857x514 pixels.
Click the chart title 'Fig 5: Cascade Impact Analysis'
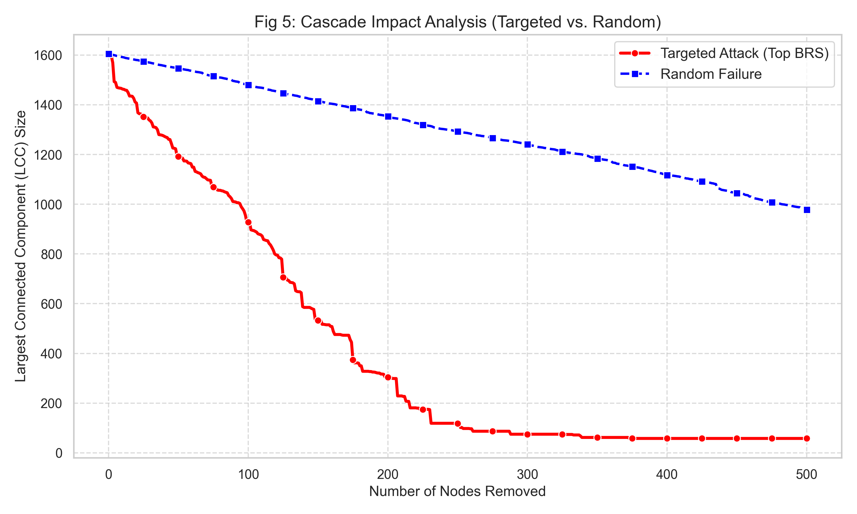[458, 22]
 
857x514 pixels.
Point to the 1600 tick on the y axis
[48, 55]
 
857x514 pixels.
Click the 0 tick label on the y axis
[59, 453]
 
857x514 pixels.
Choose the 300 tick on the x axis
[527, 475]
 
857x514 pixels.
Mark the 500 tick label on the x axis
[806, 475]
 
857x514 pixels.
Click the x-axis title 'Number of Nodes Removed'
[457, 491]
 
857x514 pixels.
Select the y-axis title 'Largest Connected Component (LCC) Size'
[21, 246]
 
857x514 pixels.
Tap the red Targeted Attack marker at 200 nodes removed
[388, 377]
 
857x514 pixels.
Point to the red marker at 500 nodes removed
[806, 439]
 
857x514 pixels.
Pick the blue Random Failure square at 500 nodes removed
[806, 210]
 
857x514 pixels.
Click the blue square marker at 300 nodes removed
[527, 144]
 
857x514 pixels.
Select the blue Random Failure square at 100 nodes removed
[248, 85]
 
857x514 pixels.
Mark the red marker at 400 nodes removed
[667, 439]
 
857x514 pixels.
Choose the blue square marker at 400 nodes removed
[667, 175]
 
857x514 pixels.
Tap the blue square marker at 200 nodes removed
[388, 117]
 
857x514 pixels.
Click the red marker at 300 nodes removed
[527, 434]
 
